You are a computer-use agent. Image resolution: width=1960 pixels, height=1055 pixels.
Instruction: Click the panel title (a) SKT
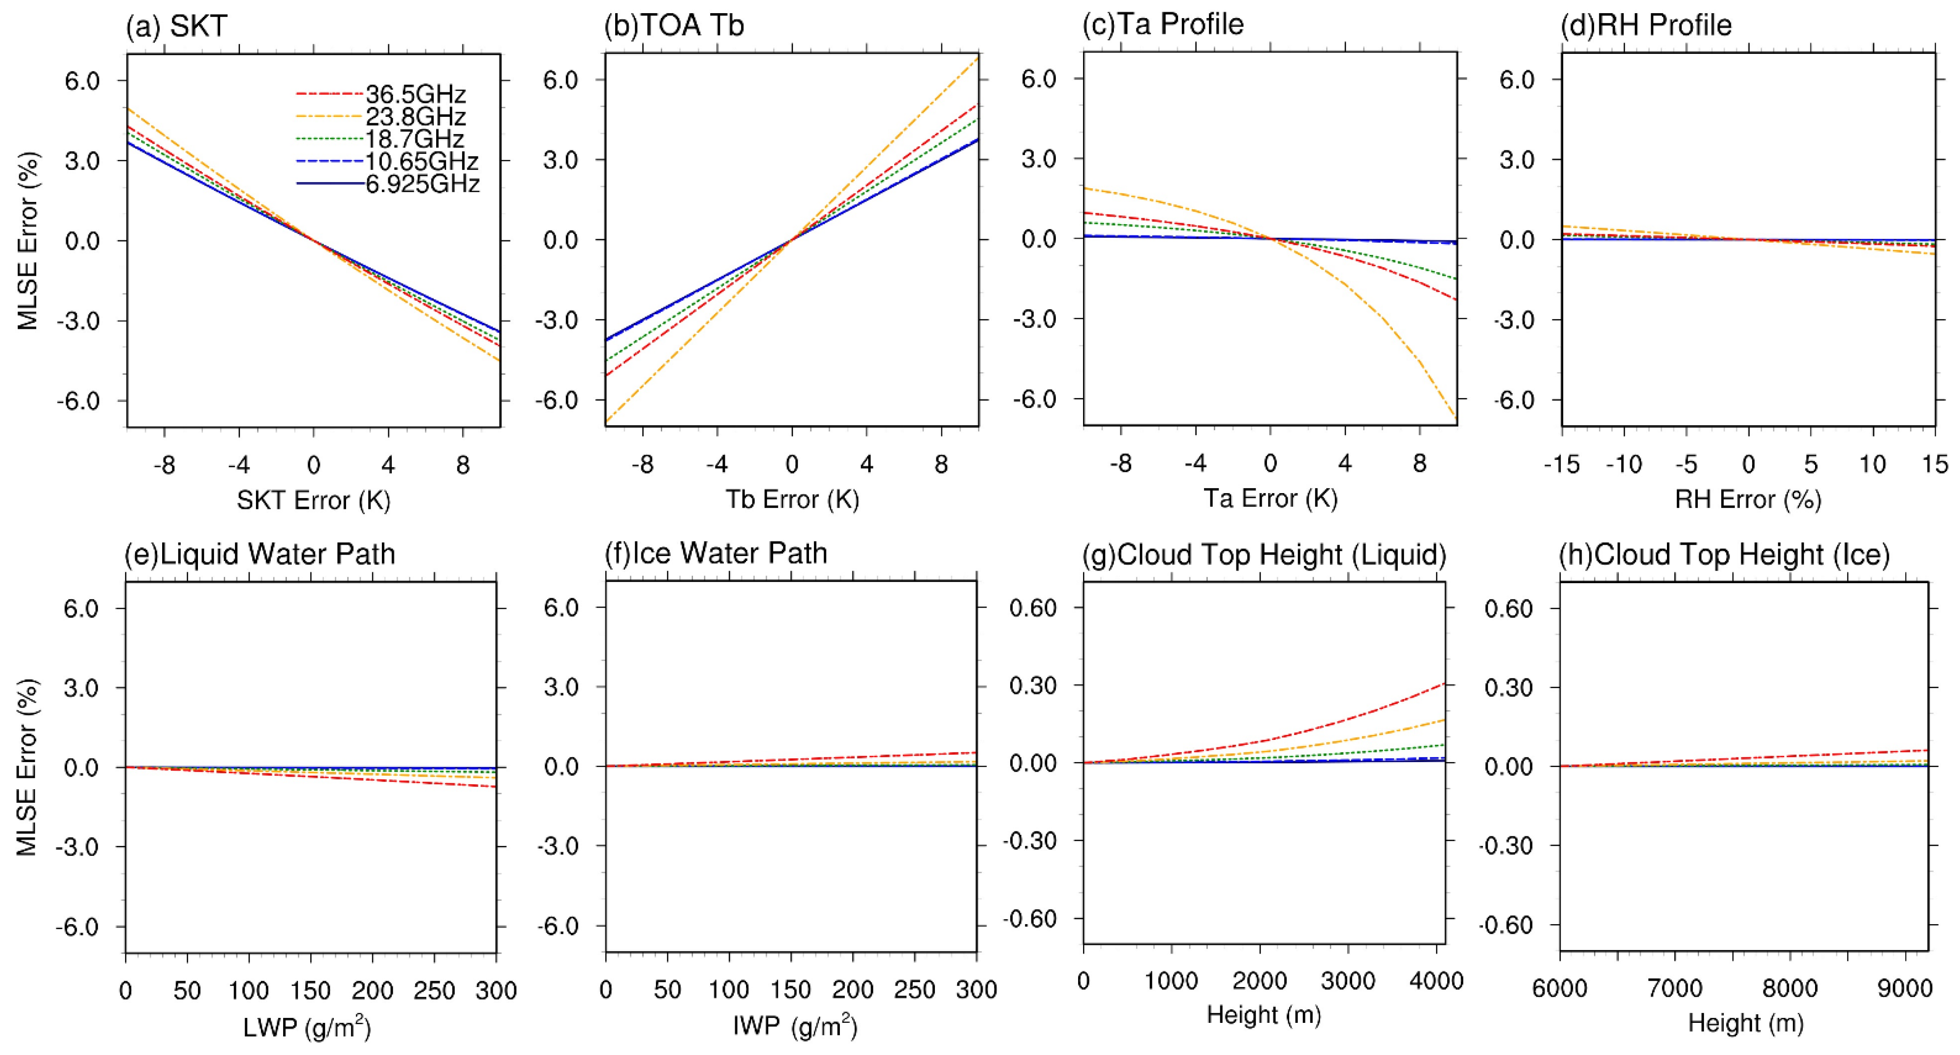coord(177,26)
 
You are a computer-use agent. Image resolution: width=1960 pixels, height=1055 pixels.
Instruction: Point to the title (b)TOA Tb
coord(674,26)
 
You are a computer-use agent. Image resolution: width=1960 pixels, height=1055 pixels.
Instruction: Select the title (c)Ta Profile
coord(1163,24)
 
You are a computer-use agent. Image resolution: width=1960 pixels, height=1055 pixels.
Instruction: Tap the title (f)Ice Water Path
coord(715,553)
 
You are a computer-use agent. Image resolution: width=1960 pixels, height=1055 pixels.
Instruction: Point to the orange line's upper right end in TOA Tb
coord(978,56)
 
